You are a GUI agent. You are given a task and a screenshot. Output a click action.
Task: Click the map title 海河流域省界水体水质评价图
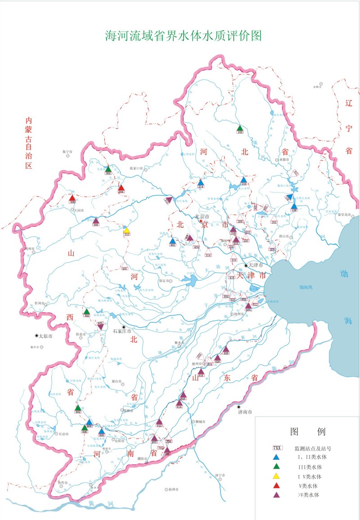pyautogui.click(x=183, y=36)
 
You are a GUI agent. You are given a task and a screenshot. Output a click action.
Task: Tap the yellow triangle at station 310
pyautogui.click(x=127, y=229)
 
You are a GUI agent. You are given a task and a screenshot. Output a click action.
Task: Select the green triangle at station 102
pyautogui.click(x=240, y=129)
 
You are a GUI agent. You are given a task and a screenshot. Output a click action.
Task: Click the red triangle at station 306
pyautogui.click(x=72, y=198)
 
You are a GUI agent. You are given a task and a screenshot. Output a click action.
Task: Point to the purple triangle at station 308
pyautogui.click(x=96, y=220)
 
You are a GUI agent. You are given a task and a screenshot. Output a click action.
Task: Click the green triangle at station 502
pyautogui.click(x=87, y=311)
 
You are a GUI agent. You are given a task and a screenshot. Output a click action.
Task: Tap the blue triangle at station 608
pyautogui.click(x=102, y=431)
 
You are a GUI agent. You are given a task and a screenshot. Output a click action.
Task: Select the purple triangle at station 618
pyautogui.click(x=201, y=372)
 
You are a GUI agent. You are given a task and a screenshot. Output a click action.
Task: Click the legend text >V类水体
pyautogui.click(x=307, y=495)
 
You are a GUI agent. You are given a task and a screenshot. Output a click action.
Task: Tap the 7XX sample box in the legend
pyautogui.click(x=278, y=448)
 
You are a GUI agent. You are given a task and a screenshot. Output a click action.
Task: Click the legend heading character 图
pyautogui.click(x=296, y=432)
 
